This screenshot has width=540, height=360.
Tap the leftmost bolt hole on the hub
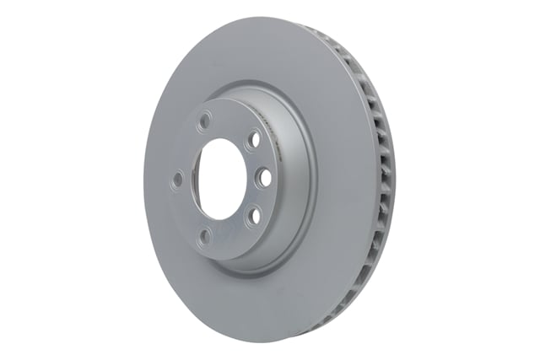coord(178,179)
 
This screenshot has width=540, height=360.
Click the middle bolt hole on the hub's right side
coord(262,177)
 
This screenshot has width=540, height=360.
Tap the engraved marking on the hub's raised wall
coord(268,126)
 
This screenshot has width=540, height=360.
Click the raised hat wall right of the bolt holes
coord(291,181)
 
